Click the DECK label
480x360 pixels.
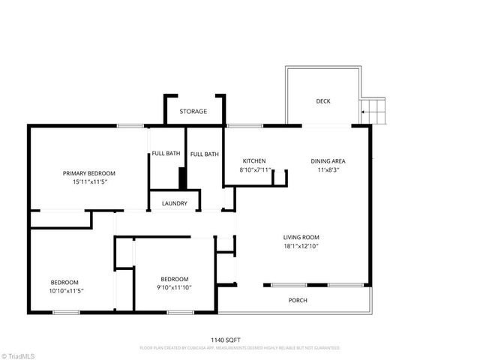click(x=322, y=101)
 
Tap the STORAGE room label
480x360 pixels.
click(x=193, y=112)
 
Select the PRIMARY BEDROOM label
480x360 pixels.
click(x=94, y=173)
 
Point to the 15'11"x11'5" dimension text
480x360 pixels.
click(x=94, y=181)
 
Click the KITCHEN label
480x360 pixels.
click(x=254, y=161)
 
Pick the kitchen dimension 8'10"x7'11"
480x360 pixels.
click(x=255, y=170)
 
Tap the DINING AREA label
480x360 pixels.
click(x=328, y=161)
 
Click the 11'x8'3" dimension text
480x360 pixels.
click(x=328, y=170)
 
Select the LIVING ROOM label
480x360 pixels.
click(x=301, y=238)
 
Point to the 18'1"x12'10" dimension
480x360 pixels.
click(x=301, y=246)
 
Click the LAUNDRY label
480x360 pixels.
click(x=174, y=203)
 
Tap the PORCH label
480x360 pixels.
click(x=298, y=300)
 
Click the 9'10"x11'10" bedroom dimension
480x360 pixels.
click(x=174, y=287)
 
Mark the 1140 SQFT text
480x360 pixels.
click(x=240, y=340)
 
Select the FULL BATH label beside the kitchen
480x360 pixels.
click(x=204, y=154)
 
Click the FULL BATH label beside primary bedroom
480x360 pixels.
click(x=166, y=154)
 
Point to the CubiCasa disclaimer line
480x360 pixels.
click(x=240, y=348)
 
